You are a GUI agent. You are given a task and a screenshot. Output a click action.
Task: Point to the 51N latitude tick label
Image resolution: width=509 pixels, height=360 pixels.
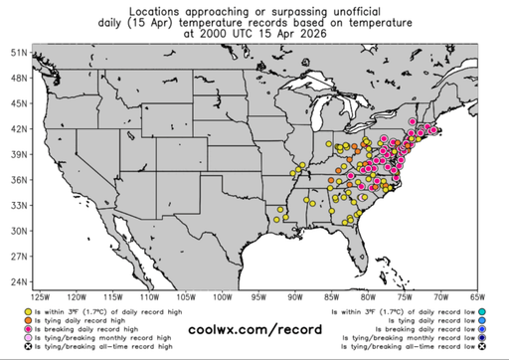[x=18, y=52]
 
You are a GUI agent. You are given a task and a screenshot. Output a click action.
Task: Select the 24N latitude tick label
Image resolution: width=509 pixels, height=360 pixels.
[x=18, y=281]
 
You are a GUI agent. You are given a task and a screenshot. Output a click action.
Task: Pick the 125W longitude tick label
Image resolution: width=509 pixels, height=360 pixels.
[x=40, y=296]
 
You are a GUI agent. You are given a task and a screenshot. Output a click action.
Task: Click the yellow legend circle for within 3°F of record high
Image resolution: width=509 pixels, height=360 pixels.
[x=28, y=311]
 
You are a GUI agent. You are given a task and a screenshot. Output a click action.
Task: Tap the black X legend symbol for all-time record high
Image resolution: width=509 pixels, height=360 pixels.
[x=28, y=348]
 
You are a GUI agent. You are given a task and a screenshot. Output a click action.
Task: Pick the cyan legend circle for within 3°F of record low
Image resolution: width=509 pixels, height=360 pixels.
[x=480, y=311]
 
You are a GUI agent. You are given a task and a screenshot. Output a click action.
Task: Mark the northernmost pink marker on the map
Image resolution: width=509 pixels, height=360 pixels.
[x=412, y=121]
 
